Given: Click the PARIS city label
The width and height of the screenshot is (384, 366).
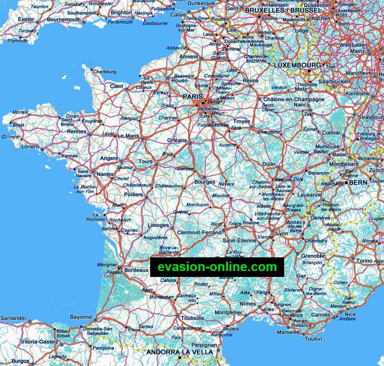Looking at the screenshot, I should click(192, 97).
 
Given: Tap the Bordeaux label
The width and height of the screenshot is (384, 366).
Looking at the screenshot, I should click(137, 270).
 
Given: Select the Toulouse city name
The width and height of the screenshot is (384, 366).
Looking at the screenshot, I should click(192, 318).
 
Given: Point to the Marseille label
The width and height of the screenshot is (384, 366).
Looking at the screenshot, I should click(288, 332).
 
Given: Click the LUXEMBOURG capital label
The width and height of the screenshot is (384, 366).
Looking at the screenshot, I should click(297, 65).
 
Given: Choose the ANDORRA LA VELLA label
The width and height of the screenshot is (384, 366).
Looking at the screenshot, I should click(179, 352).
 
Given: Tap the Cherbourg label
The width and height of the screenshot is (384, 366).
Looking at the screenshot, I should click(105, 72).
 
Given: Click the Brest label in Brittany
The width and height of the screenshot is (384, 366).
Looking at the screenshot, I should click(18, 125).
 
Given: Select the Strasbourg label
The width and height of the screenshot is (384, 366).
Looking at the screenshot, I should click(371, 117).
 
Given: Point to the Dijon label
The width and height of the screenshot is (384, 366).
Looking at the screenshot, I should click(268, 164).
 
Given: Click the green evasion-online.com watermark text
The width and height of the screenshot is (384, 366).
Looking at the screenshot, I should click(217, 267).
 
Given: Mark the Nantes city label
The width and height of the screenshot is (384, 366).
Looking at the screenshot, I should click(105, 174).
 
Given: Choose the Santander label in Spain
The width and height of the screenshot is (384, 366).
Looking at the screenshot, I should click(13, 318).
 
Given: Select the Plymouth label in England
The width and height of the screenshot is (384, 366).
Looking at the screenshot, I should click(17, 41).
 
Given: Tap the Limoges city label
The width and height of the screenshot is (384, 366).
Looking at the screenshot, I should click(158, 225).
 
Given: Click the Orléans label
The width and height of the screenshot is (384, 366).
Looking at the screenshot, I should click(177, 140).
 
